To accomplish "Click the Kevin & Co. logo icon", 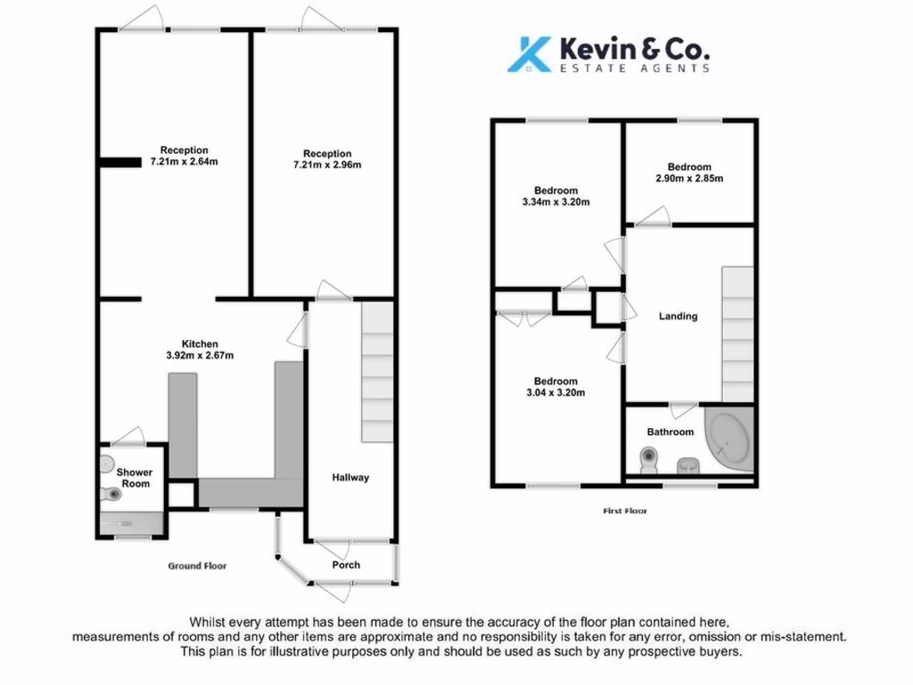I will (528, 54).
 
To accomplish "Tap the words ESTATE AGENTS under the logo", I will (635, 68).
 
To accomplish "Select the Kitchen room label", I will (200, 344).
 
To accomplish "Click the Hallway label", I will (351, 477).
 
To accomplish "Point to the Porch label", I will (346, 565).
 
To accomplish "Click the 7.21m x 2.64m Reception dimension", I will (185, 162).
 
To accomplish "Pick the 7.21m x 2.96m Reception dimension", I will (327, 165).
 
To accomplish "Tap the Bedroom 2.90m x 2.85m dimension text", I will (689, 178).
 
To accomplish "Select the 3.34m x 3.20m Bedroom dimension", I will (556, 202).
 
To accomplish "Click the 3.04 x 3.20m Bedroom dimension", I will (556, 392).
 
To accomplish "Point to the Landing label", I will (678, 316).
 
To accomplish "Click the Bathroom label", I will (670, 432).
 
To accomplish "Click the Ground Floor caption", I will (198, 565).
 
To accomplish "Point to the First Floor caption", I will (624, 511).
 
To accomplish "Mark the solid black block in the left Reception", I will (119, 162).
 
